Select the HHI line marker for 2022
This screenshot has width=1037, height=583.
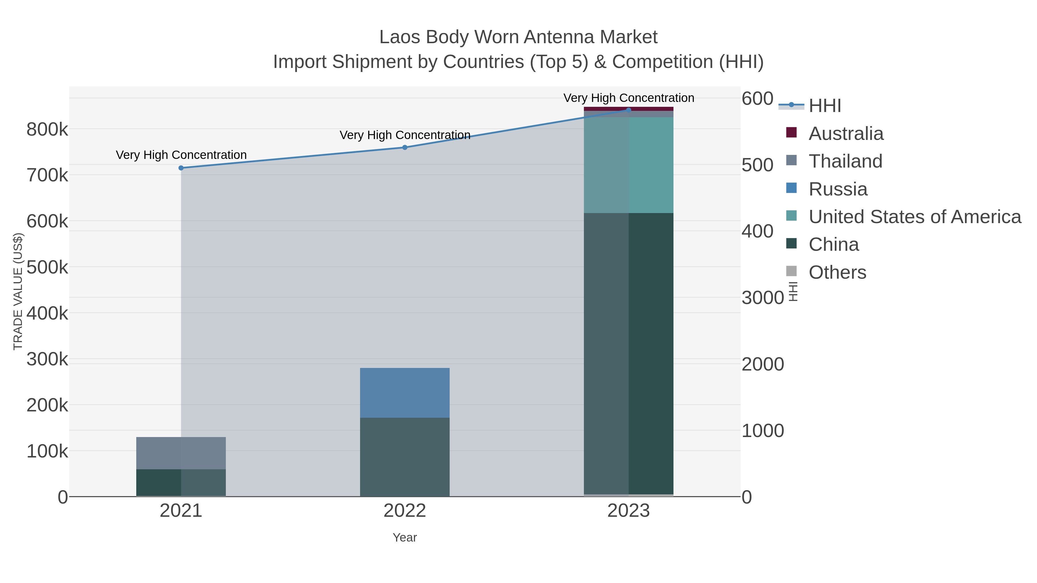[x=405, y=147]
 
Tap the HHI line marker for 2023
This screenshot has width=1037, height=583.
[x=629, y=110]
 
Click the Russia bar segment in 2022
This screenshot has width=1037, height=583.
[x=405, y=392]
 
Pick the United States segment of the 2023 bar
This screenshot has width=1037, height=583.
[x=629, y=165]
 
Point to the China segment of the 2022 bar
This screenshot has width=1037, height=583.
[x=405, y=457]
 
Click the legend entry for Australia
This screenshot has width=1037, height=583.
[x=845, y=134]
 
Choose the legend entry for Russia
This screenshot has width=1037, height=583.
[x=837, y=189]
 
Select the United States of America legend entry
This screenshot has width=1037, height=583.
[x=914, y=217]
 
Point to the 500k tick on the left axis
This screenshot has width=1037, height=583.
[x=47, y=267]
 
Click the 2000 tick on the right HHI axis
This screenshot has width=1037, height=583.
[x=762, y=364]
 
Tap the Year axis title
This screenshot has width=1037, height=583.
[x=405, y=538]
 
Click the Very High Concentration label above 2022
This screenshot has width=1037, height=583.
[x=405, y=135]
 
